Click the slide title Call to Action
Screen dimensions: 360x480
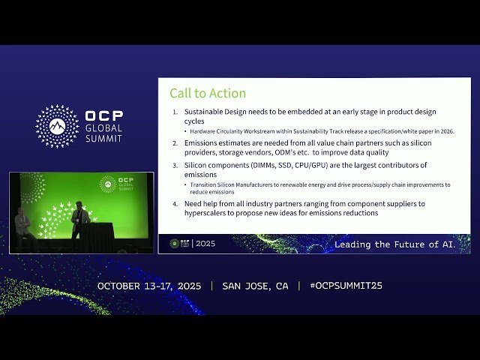(208, 94)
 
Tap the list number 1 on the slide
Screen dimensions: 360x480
(175, 112)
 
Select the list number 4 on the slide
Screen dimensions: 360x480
(175, 204)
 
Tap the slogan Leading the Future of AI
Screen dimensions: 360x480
(400, 244)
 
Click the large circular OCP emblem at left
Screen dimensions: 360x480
(57, 125)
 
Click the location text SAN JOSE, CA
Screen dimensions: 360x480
(255, 286)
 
